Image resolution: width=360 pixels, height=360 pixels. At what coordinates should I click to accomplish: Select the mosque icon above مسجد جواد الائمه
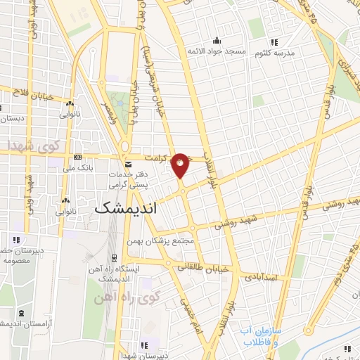217,40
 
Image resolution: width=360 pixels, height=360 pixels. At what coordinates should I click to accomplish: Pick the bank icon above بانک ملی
77,157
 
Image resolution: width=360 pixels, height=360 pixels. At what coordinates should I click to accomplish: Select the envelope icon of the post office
127,163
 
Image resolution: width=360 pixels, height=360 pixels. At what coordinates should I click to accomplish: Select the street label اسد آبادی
262,278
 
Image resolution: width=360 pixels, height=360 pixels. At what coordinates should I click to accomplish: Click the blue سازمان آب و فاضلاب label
262,335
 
